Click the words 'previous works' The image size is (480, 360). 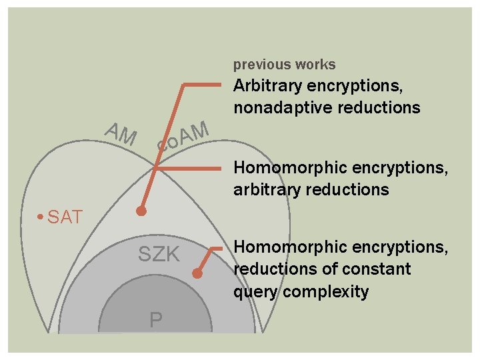click(284, 65)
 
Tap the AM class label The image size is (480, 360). click(121, 134)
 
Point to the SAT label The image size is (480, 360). click(65, 217)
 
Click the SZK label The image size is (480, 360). click(159, 254)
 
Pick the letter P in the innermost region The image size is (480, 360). click(155, 321)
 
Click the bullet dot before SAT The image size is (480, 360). click(41, 217)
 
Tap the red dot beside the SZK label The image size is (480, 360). click(197, 273)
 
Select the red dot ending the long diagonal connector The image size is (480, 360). click(141, 211)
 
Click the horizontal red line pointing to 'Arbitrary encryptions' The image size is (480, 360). click(202, 85)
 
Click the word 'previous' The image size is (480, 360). click(261, 65)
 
